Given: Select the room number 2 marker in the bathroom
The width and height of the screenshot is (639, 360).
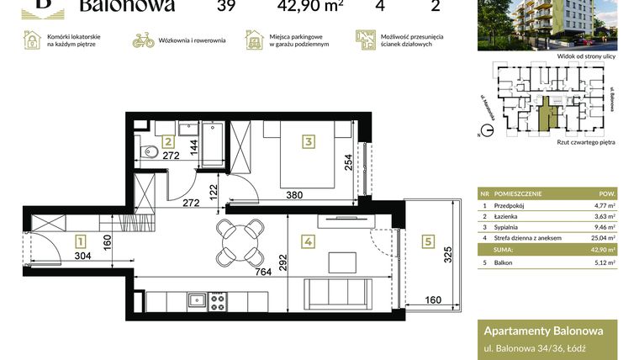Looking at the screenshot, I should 168,142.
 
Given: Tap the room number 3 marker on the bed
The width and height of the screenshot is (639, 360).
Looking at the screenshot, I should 309,141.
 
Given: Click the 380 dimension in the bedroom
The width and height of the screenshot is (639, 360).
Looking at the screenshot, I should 295,193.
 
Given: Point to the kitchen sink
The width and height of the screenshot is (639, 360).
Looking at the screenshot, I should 196,299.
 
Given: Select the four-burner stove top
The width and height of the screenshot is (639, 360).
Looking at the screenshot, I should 217,299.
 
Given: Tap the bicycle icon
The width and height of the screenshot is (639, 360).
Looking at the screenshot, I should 144,40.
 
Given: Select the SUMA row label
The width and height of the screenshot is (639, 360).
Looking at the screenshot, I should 503,250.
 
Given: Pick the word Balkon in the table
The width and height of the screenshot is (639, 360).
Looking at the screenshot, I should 504,262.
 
